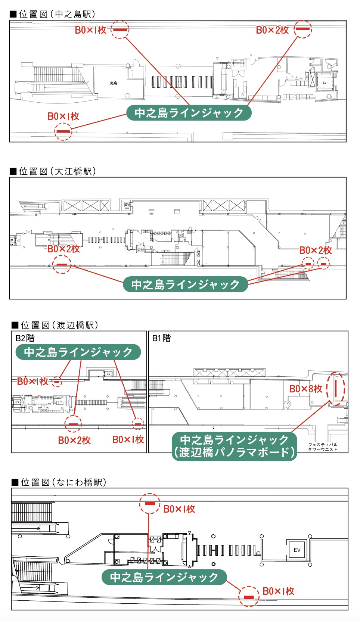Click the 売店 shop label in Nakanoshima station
pos(113,83)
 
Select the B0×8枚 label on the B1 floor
pos(305,389)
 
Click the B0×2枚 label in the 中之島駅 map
pos(272,30)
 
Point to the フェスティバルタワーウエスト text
pos(323,447)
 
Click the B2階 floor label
pos(25,338)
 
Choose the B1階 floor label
pos(161,338)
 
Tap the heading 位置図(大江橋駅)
pos(53,171)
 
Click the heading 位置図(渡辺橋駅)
pos(55,325)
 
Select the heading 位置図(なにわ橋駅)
pos(59,482)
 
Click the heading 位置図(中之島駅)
pos(53,14)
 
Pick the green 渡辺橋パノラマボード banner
pos(234,446)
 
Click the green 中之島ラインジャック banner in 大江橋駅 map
pos(185,284)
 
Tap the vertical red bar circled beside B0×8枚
pos(336,389)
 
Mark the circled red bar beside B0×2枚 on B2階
pos(73,424)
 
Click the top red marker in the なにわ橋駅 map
pos(150,503)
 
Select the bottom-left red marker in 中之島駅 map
pos(63,132)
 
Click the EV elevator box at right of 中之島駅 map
pos(325,83)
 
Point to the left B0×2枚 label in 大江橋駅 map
pos(63,249)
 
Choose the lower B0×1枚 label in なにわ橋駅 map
pos(278,591)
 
